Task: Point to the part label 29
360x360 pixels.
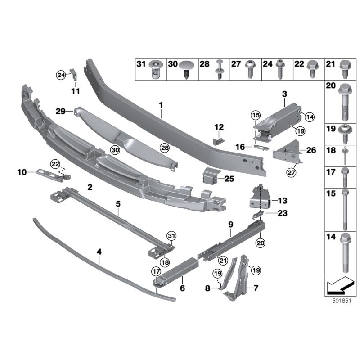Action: point(61,111)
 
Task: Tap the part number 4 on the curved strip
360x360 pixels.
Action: point(99,253)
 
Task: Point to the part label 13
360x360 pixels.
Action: point(283,200)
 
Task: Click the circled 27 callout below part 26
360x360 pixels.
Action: point(291,171)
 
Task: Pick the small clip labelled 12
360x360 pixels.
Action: point(218,140)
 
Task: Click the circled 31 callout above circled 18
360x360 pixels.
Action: point(171,235)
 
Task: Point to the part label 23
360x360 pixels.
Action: point(283,214)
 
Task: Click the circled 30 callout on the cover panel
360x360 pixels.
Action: point(115,150)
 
